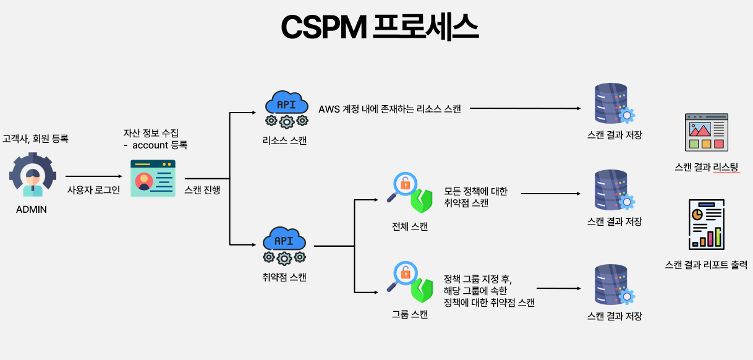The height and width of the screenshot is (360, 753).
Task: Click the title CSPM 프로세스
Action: (379, 27)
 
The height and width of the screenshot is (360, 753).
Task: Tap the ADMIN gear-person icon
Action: (33, 174)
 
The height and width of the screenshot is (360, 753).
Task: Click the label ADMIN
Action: (32, 209)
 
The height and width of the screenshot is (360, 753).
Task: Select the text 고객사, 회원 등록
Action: (35, 139)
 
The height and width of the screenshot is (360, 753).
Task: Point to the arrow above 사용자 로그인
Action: (93, 177)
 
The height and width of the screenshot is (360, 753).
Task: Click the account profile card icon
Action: (153, 178)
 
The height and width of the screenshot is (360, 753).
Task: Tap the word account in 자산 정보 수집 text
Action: (150, 145)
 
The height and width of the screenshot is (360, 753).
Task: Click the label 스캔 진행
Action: (202, 190)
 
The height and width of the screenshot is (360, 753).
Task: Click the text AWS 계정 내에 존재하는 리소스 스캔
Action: (389, 109)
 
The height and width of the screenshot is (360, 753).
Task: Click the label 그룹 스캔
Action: (410, 314)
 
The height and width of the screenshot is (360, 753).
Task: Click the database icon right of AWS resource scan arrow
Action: (613, 105)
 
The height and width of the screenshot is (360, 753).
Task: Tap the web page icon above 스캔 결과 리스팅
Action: (706, 132)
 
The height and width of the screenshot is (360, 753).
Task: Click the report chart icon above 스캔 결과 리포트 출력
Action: (706, 224)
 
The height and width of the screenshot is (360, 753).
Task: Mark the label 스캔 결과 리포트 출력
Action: (706, 265)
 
